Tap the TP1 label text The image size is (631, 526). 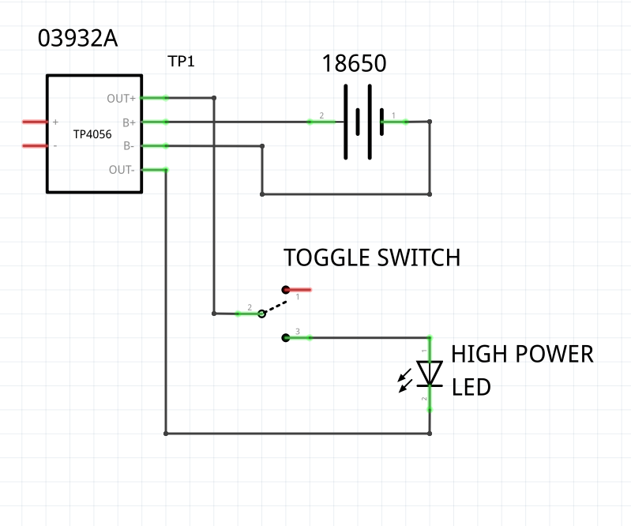click(x=181, y=62)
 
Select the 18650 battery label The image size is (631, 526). click(x=354, y=64)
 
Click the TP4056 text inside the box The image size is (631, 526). click(x=92, y=135)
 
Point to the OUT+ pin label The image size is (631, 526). click(x=121, y=99)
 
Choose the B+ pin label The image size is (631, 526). click(x=129, y=122)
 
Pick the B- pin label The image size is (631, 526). click(x=129, y=146)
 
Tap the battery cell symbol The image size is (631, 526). click(x=363, y=122)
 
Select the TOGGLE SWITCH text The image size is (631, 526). click(x=371, y=258)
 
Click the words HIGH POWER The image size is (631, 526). click(x=522, y=355)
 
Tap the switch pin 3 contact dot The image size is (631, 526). click(x=285, y=338)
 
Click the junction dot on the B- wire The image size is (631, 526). click(x=262, y=146)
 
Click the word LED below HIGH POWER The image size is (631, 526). click(x=471, y=388)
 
